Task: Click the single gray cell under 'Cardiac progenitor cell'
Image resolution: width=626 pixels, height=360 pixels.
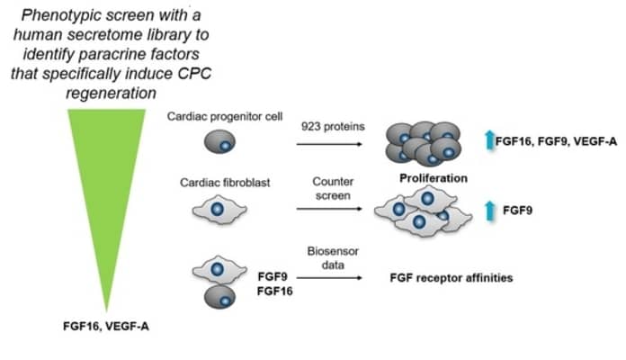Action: [219, 143]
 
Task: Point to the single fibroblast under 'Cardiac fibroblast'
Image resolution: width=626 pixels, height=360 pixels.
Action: [217, 210]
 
